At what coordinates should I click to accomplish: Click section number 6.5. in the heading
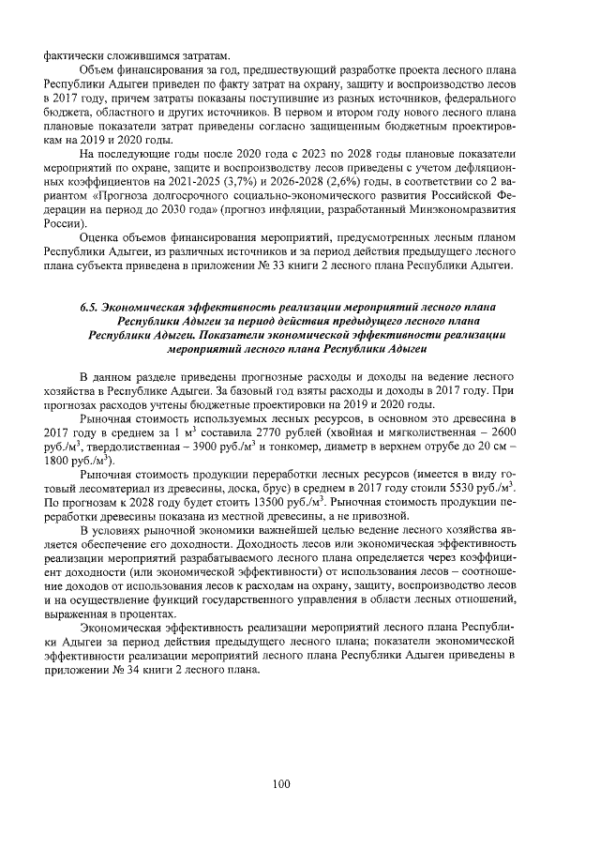90,307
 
